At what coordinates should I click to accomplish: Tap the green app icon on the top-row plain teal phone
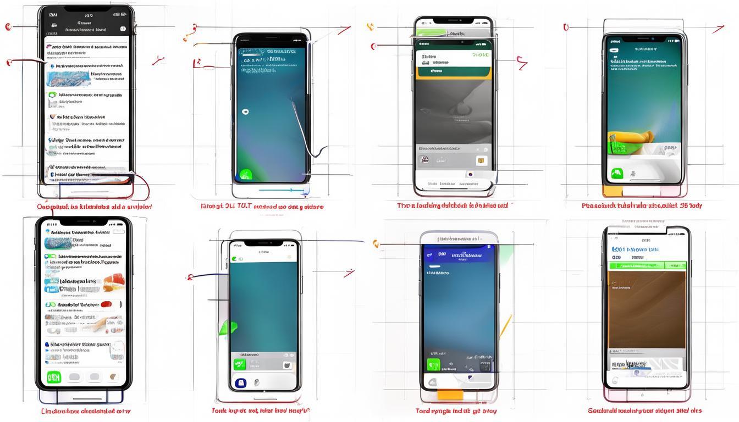coord(246,175)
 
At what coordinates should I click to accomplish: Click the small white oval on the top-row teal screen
coord(245,112)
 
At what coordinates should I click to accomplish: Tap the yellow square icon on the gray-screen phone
coord(482,160)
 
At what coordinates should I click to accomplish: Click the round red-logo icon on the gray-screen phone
coord(424,160)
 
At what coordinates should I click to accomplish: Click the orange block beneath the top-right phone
coord(611,191)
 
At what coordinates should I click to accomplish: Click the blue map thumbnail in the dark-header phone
coord(69,79)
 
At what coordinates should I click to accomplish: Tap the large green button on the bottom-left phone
coord(54,377)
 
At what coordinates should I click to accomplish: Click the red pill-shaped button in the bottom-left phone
coord(106,304)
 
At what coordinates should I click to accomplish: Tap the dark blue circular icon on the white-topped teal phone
coord(240,383)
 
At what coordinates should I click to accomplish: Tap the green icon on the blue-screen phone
coord(434,365)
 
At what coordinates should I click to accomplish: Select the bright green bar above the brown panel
coord(647,265)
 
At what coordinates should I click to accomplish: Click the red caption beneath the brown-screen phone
coord(644,410)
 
